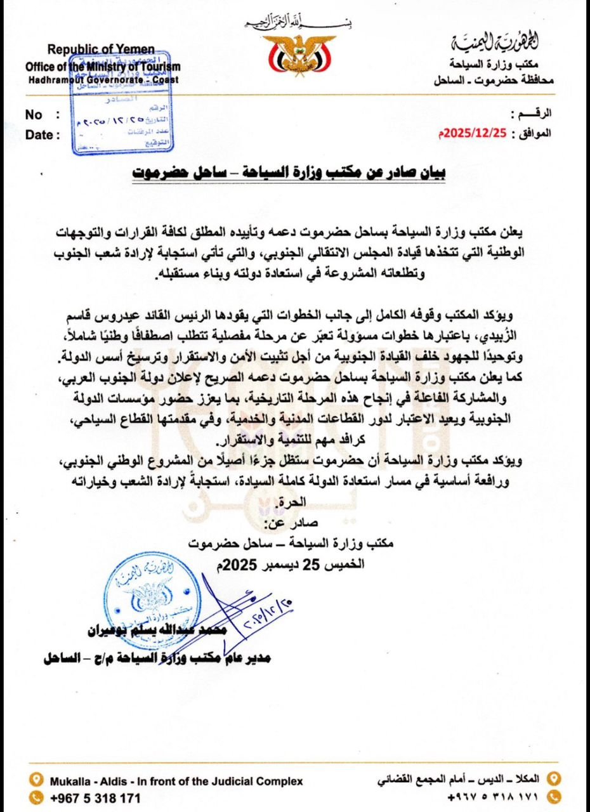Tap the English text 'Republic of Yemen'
click(x=101, y=50)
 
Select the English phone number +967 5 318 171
click(x=95, y=797)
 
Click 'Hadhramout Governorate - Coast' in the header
click(x=102, y=80)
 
